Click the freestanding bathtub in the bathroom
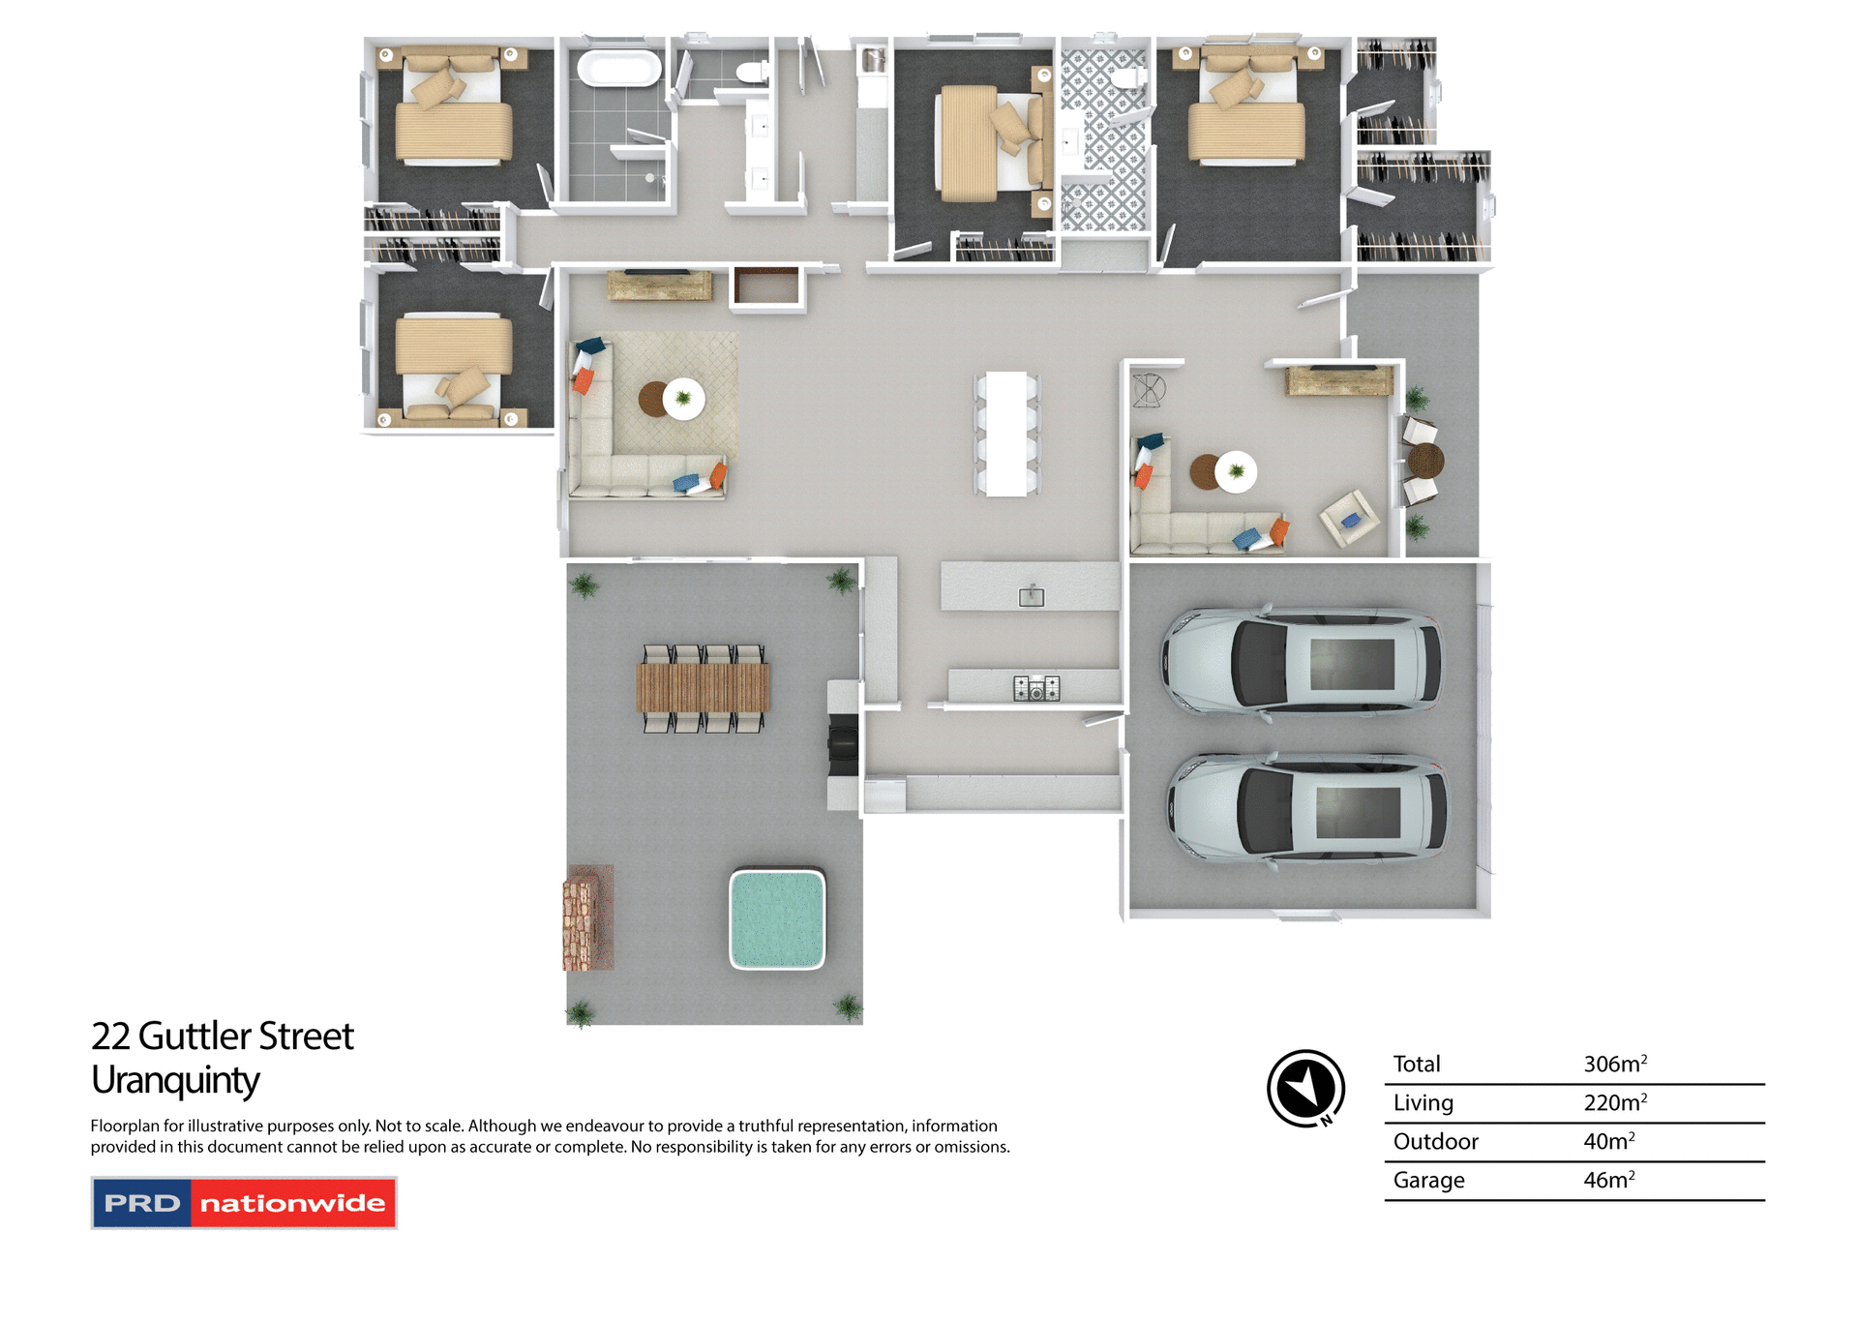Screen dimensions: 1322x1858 point(619,69)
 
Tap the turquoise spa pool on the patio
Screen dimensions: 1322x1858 point(777,918)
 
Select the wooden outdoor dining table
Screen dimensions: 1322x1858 point(703,687)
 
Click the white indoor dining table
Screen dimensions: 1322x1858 point(1006,434)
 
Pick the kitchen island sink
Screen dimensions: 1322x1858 point(1032,596)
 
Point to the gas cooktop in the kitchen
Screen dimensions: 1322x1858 point(1036,688)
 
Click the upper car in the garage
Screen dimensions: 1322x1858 point(1303,664)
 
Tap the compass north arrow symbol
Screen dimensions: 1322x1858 point(1305,1088)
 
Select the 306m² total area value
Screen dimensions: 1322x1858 point(1614,1064)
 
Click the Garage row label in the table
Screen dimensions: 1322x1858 point(1428,1180)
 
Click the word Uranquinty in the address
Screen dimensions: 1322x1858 point(175,1080)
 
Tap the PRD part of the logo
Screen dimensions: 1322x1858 point(142,1203)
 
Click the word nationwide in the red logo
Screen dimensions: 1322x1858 point(292,1203)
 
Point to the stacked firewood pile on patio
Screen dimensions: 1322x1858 point(587,917)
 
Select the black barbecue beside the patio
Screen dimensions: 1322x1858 point(842,745)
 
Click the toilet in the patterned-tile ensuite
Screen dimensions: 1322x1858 point(1128,77)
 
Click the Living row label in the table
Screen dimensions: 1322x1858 point(1423,1102)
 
